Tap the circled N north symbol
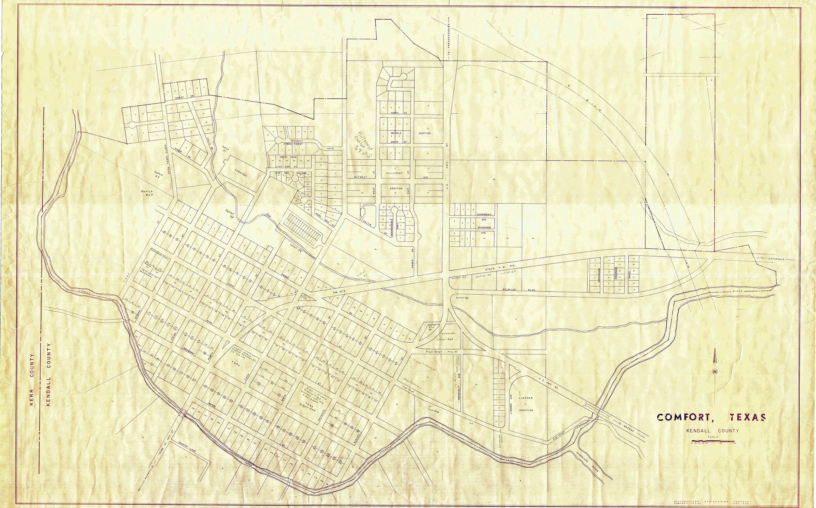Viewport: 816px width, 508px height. click(715, 371)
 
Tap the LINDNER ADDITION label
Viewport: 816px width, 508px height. click(526, 404)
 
